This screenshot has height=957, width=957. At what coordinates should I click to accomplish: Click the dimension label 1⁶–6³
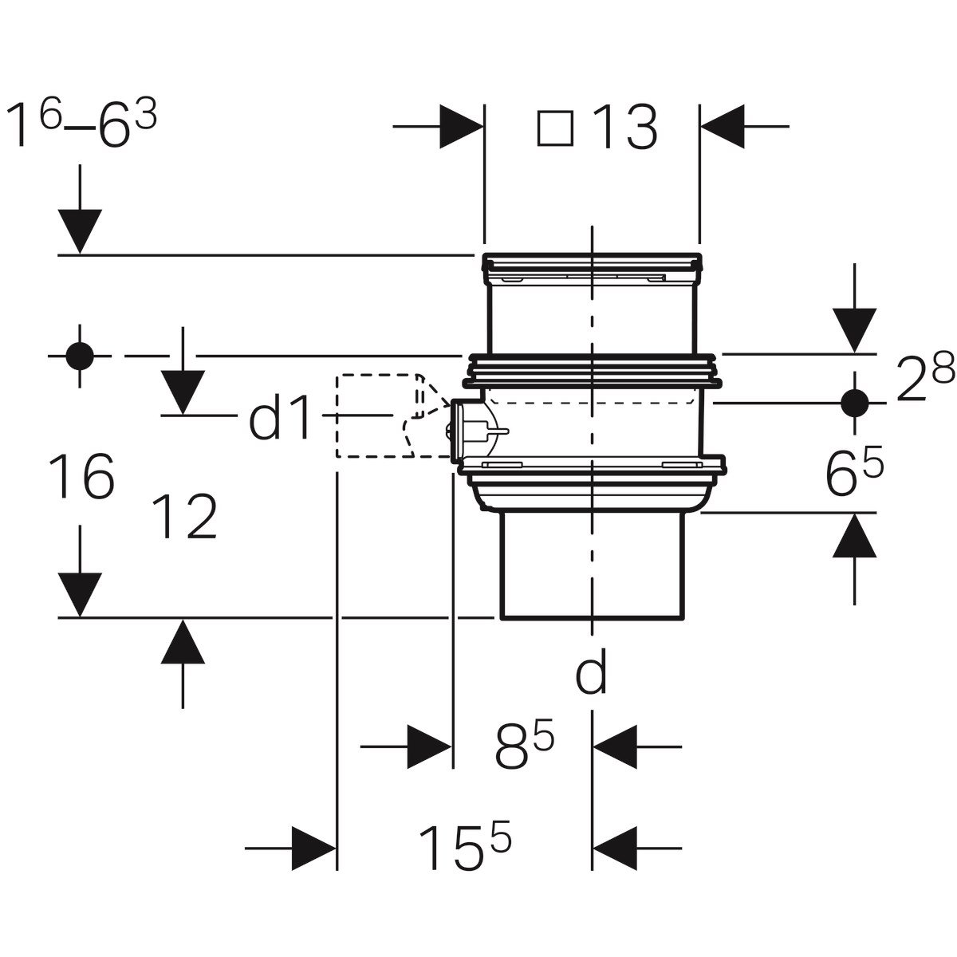81,127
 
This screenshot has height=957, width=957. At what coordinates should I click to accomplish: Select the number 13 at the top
624,128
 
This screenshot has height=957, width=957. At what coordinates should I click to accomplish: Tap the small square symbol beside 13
555,128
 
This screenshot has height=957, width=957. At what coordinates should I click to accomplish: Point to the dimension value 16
81,477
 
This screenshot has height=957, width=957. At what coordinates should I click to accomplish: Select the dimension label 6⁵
854,476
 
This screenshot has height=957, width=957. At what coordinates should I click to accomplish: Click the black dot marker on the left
80,356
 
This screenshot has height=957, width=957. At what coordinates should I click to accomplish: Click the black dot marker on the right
855,403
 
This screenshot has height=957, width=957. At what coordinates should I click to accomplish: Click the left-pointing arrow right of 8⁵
616,747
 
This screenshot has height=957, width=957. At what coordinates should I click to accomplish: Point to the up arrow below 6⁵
855,536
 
